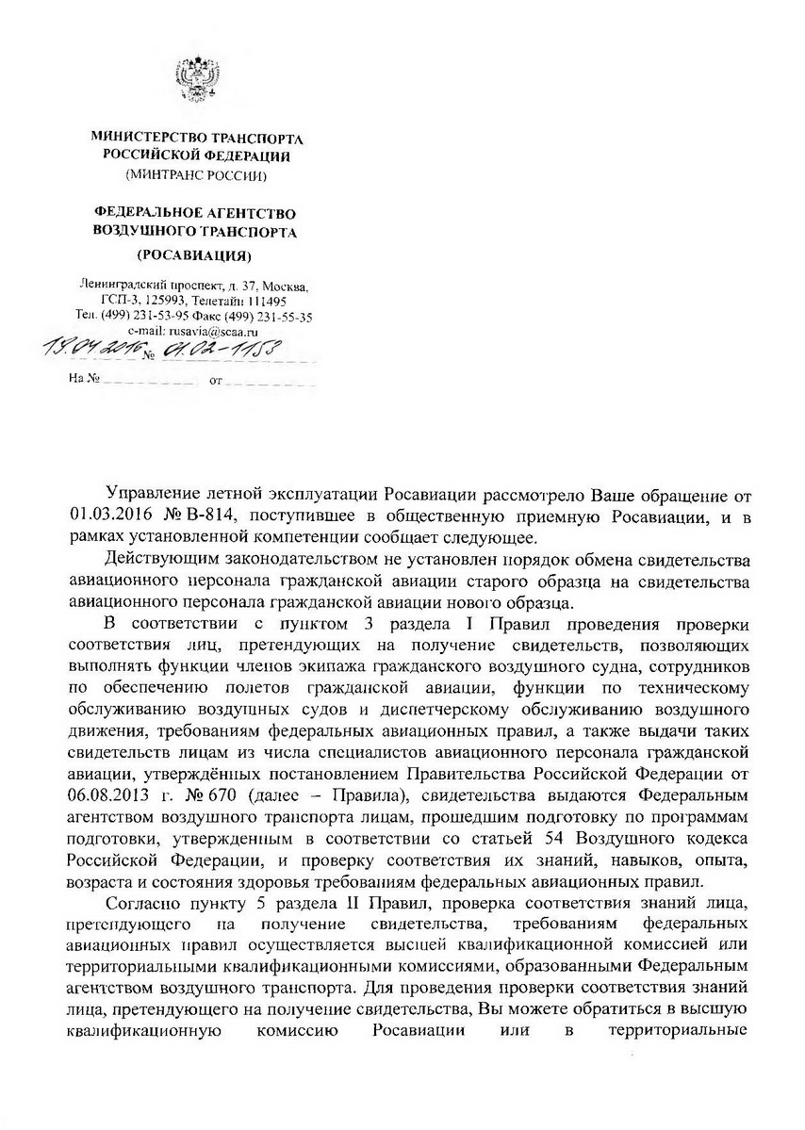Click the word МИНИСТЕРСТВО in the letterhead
coord(144,138)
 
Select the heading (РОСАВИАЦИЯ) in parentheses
coord(194,256)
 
